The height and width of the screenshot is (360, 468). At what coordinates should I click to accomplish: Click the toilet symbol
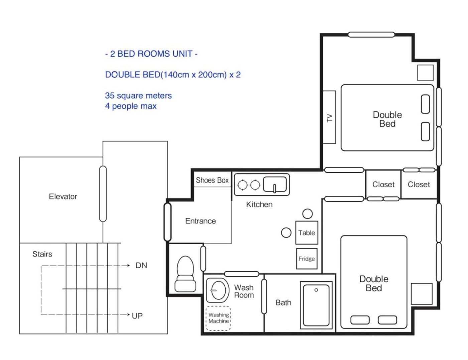point(185,274)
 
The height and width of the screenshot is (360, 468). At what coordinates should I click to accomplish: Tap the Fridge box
point(307,259)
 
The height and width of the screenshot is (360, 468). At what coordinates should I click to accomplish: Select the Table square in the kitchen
point(307,233)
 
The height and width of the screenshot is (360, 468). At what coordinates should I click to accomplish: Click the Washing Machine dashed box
point(218,318)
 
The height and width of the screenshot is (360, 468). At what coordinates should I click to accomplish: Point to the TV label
point(330,118)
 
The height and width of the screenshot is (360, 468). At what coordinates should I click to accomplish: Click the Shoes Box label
point(212,180)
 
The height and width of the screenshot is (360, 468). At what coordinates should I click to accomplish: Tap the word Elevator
point(63,196)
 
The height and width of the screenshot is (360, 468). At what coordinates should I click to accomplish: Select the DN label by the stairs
point(141,265)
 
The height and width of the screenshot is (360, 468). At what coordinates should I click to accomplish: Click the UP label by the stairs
point(137,316)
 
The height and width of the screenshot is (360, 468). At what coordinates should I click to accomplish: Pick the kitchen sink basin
point(275,184)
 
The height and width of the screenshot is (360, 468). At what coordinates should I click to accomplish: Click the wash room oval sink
point(218,290)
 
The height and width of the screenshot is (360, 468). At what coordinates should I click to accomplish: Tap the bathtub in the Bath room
point(316,305)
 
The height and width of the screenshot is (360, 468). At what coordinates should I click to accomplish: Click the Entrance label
point(201,221)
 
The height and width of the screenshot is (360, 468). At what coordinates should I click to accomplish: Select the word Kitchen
point(259,204)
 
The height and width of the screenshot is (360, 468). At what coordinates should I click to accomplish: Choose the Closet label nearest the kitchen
point(383,185)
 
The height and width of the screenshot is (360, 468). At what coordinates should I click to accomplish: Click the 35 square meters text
point(138,95)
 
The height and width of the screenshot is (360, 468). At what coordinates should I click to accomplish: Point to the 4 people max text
point(131,106)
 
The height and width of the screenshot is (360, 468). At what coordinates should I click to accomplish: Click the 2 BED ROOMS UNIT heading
point(151,54)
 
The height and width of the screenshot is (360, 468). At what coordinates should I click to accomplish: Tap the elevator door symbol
point(103,194)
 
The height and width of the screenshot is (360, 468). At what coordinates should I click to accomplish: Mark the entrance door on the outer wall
point(167,222)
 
